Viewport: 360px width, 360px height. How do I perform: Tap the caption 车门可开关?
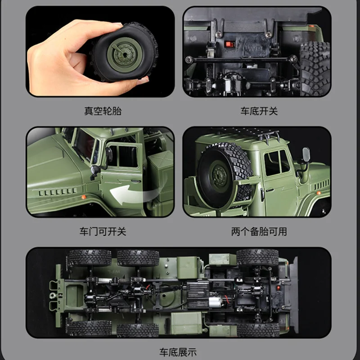pyautogui.click(x=103, y=232)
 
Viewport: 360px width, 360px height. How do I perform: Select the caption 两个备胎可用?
pyautogui.click(x=259, y=232)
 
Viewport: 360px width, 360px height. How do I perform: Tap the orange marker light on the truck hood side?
pyautogui.click(x=84, y=198)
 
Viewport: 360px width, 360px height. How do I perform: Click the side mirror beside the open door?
pyautogui.click(x=94, y=170)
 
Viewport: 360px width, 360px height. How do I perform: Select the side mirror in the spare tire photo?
pyautogui.click(x=306, y=155)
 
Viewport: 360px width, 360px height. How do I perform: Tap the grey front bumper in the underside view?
pyautogui.click(x=293, y=292)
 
